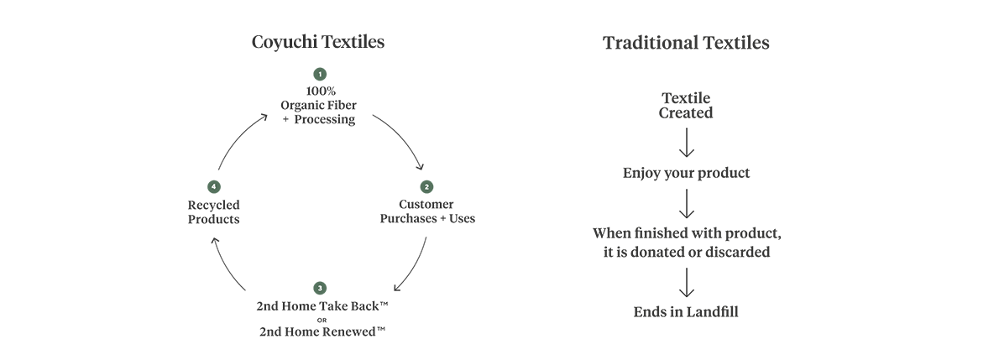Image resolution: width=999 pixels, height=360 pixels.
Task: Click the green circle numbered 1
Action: (x=320, y=76)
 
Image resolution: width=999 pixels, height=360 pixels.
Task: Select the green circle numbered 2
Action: (x=426, y=185)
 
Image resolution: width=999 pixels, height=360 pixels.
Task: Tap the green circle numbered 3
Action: (x=320, y=289)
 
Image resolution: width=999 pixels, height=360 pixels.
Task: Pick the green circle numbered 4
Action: (x=214, y=185)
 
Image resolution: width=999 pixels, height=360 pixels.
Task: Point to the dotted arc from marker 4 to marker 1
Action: (x=241, y=138)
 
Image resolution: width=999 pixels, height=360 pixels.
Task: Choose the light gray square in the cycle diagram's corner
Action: (x=222, y=88)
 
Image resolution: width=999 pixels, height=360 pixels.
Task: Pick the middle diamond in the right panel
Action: (x=687, y=203)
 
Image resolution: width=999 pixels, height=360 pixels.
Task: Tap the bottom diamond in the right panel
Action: (x=687, y=285)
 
